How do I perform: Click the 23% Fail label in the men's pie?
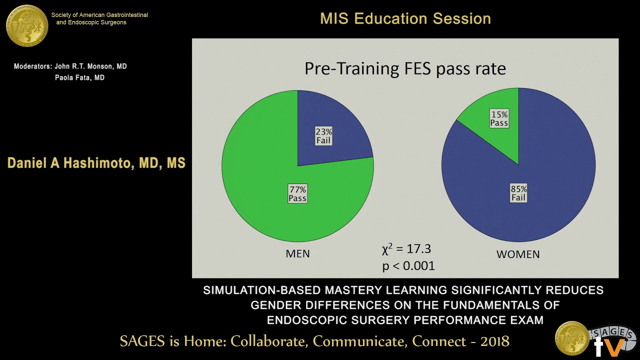[x=323, y=136]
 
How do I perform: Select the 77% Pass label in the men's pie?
[x=297, y=193]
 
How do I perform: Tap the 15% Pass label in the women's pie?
[x=499, y=118]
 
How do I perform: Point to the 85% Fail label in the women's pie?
[x=518, y=193]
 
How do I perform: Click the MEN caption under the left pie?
[x=297, y=254]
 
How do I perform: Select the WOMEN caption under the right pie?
[x=518, y=254]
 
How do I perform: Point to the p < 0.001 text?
[x=408, y=265]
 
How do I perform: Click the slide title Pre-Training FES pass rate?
[x=405, y=68]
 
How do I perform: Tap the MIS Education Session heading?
[x=405, y=19]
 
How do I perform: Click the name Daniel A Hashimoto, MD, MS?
[x=96, y=163]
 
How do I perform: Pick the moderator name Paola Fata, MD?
[x=79, y=78]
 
